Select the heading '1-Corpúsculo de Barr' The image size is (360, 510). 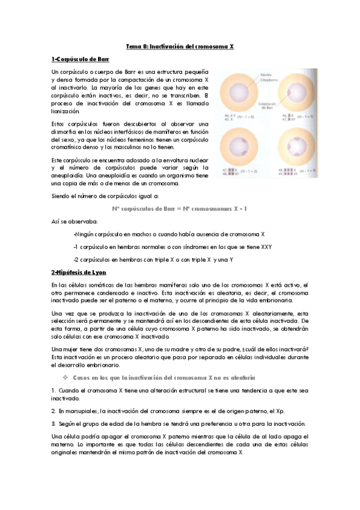tap(76, 60)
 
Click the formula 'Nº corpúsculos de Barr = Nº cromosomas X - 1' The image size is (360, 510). tap(180, 209)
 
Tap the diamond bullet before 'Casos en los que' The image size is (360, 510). tap(66, 378)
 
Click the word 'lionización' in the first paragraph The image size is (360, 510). tap(66, 112)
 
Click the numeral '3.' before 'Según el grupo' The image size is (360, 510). tap(53, 423)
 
